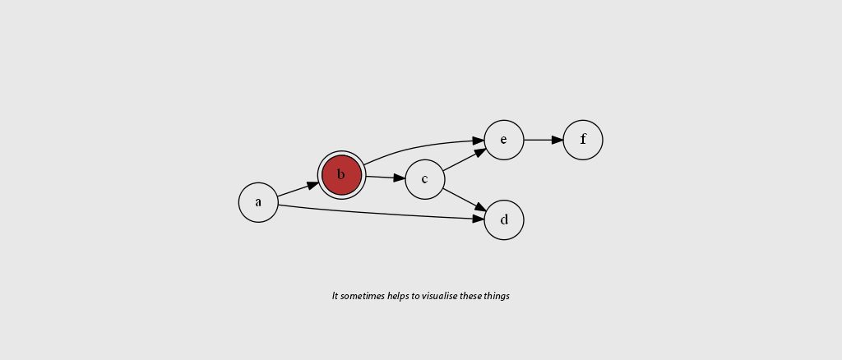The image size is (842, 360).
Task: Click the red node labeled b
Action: click(341, 174)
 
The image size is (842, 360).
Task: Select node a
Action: click(258, 202)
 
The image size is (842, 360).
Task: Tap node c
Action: click(425, 179)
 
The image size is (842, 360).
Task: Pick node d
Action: click(504, 219)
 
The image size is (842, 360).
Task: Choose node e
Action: click(504, 140)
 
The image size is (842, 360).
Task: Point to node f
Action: click(583, 140)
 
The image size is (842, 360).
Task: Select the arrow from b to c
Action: click(383, 177)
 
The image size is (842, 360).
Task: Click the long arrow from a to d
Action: click(378, 214)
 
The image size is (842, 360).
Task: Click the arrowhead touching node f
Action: click(557, 140)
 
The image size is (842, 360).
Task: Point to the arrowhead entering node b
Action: click(313, 185)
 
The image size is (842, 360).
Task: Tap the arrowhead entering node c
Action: click(400, 178)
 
